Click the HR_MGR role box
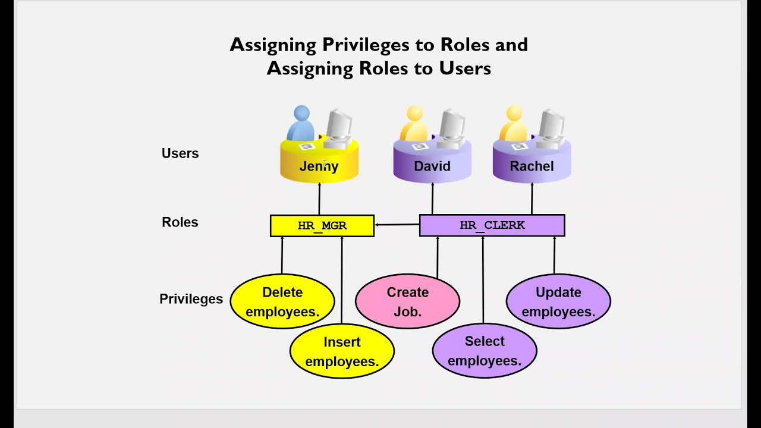322,226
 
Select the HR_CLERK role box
492,226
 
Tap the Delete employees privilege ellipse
282,301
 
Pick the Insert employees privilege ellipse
342,351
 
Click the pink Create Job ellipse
407,301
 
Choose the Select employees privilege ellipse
485,351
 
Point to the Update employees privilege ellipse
558,301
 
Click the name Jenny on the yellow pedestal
319,166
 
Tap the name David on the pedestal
432,166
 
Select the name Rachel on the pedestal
532,166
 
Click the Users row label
180,153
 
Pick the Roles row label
180,222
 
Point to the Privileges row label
191,299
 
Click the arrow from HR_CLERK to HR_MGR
397,225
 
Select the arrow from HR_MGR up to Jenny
319,199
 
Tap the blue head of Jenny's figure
301,112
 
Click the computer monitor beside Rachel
552,126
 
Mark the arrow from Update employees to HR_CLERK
555,256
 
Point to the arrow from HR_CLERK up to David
432,199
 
